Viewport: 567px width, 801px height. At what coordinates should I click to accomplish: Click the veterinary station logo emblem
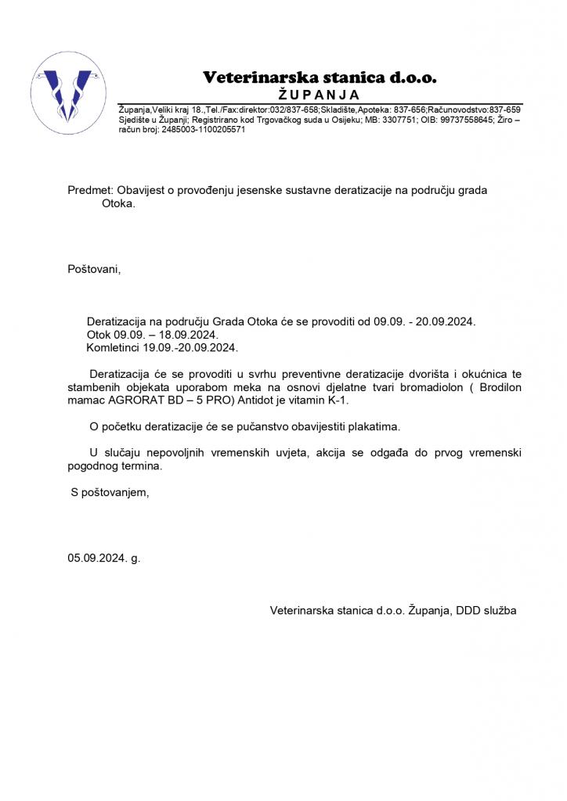pos(65,92)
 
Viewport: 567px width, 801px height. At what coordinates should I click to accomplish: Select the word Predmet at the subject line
pos(90,190)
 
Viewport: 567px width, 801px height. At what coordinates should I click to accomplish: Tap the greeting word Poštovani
pos(94,270)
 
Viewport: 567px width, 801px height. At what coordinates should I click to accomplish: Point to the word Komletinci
pos(114,347)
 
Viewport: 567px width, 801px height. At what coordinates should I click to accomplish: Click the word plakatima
pos(374,426)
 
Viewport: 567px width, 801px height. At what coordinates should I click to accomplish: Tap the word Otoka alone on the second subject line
pos(118,203)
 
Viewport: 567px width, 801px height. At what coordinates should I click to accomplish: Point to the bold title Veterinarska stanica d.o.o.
pos(320,77)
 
